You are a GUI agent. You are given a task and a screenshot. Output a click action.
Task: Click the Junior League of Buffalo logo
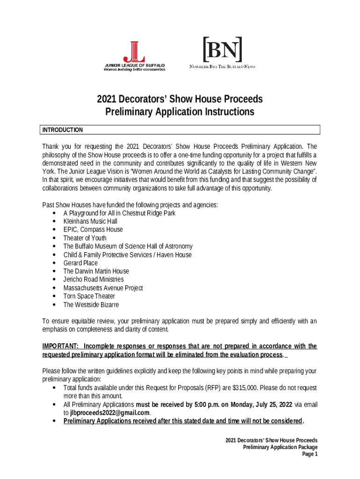coord(135,55)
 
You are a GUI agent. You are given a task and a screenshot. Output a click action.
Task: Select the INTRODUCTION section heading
coord(63,130)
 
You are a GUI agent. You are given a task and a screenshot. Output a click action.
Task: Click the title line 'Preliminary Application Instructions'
coord(180,112)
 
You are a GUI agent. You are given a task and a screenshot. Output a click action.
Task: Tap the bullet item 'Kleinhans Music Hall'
coord(90,221)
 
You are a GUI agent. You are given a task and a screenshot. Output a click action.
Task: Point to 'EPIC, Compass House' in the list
coord(93,230)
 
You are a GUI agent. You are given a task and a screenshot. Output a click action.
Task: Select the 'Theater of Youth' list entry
coord(85,238)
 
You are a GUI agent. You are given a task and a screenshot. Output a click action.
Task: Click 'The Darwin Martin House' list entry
coord(96,271)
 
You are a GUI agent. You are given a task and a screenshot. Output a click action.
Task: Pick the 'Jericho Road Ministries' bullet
coord(94,280)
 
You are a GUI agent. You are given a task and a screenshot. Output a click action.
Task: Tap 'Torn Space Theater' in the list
coord(89,296)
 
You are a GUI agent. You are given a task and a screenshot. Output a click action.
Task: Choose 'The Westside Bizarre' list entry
coord(91,305)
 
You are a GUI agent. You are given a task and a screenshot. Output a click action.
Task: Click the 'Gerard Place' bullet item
coord(80,263)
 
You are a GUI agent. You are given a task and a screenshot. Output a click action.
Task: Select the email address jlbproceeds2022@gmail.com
coord(110,413)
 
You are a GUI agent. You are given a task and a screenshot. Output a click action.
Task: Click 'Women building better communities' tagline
coord(134,69)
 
